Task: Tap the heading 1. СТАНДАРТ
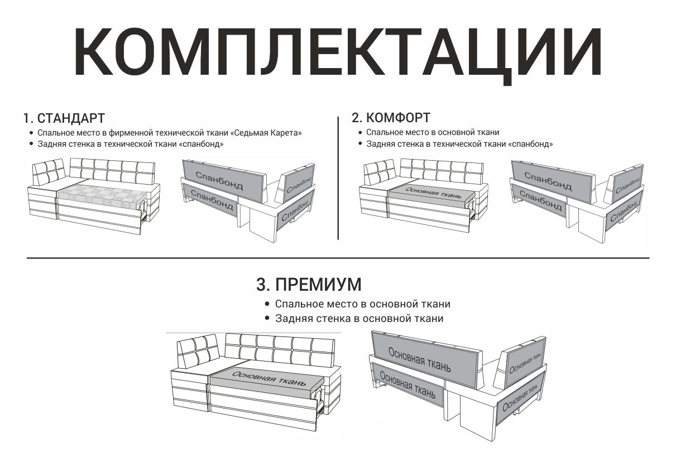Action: click(x=64, y=118)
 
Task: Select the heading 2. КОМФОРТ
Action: click(x=391, y=118)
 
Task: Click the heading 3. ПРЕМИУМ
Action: click(x=309, y=284)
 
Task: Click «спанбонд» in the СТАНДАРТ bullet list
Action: click(x=202, y=144)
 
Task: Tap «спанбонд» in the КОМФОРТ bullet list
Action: click(x=530, y=144)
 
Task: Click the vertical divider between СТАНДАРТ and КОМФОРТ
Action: click(x=338, y=178)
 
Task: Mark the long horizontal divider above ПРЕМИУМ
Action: click(x=338, y=258)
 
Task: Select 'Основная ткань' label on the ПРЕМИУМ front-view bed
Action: click(x=269, y=378)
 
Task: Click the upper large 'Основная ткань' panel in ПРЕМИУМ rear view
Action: click(x=425, y=360)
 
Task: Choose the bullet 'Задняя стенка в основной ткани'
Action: click(x=359, y=319)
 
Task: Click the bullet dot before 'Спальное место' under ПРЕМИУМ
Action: click(x=267, y=304)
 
